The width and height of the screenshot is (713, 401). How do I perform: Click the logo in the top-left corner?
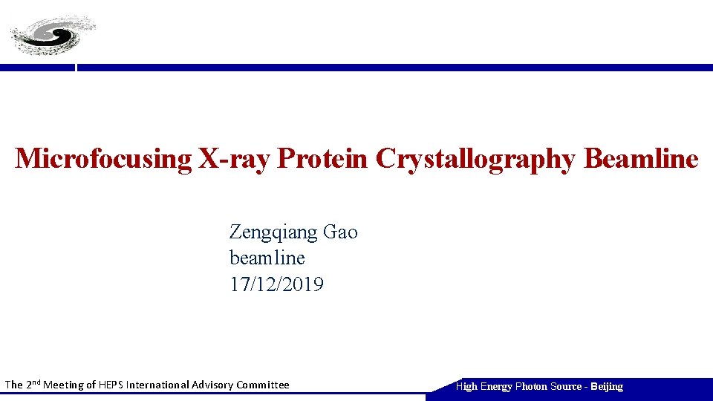52,35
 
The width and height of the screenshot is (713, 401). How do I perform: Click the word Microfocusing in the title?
103,158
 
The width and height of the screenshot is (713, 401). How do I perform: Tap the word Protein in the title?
323,158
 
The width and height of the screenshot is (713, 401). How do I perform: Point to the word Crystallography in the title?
476,158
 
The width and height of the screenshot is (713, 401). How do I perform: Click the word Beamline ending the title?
642,158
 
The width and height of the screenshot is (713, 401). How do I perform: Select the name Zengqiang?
274,232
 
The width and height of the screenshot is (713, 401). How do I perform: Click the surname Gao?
341,232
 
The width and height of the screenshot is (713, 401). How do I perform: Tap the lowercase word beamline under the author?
267,258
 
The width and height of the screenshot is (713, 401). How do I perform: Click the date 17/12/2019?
276,284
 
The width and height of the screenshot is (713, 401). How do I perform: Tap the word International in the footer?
157,385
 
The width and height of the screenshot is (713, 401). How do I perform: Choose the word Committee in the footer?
263,385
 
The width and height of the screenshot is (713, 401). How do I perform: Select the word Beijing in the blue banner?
607,386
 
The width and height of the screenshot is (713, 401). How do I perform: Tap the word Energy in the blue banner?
496,386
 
